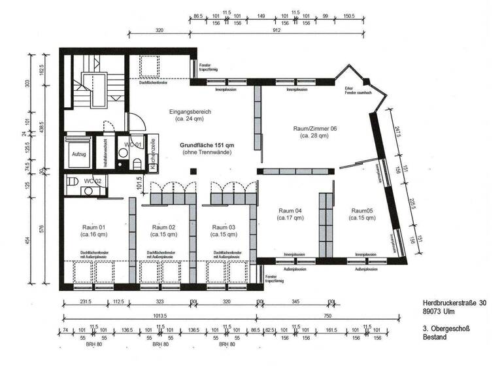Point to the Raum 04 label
[x=290, y=210]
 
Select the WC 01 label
[x=124, y=144]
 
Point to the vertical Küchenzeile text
[x=152, y=155]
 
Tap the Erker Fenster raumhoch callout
[x=358, y=92]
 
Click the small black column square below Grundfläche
[x=192, y=171]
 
